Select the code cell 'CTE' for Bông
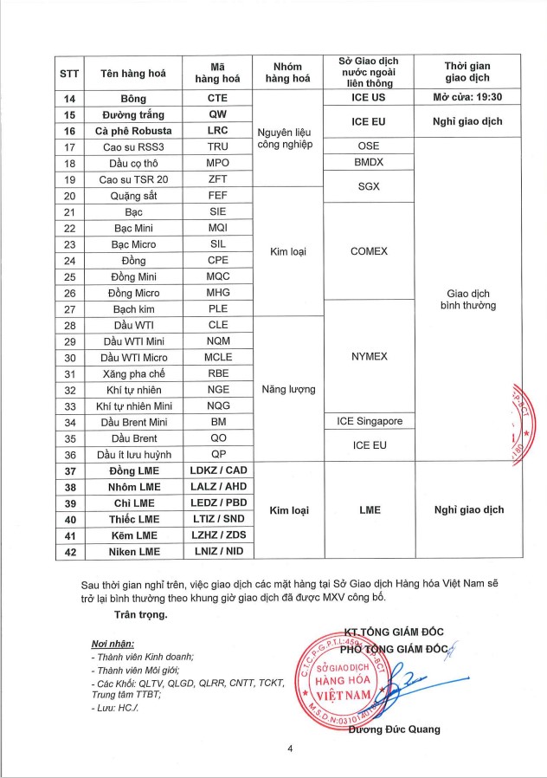pyautogui.click(x=217, y=99)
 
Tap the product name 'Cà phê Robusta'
pyautogui.click(x=133, y=131)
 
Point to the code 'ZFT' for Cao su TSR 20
pyautogui.click(x=217, y=179)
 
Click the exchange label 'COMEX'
pyautogui.click(x=369, y=251)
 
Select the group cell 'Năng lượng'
pyautogui.click(x=286, y=390)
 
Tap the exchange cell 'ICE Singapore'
pyautogui.click(x=369, y=422)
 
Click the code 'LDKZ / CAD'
pyautogui.click(x=217, y=470)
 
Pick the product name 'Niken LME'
pyautogui.click(x=133, y=551)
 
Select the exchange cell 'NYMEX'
pyautogui.click(x=369, y=356)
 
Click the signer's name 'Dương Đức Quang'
pyautogui.click(x=394, y=729)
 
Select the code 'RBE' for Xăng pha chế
pyautogui.click(x=217, y=373)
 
